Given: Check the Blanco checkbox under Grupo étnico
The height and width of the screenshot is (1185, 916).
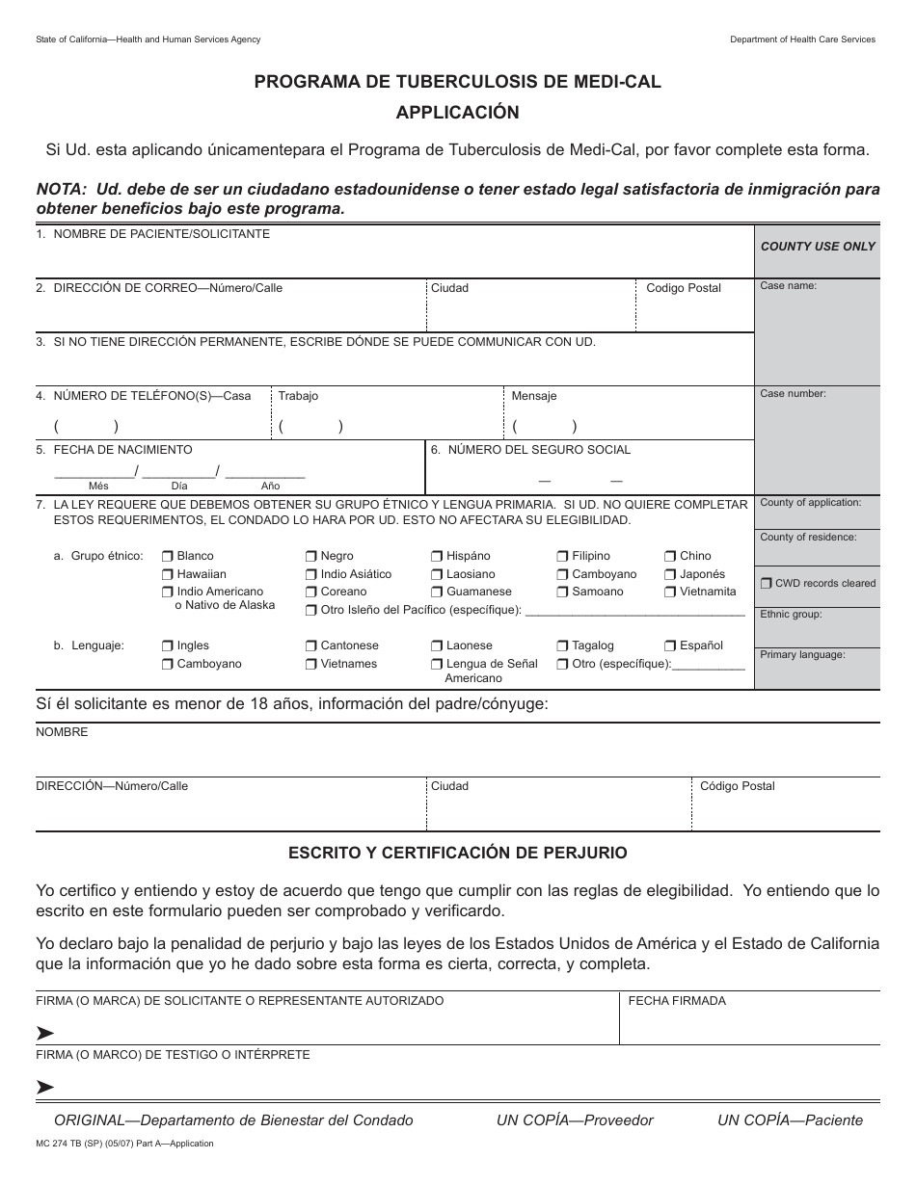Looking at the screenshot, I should coord(168,556).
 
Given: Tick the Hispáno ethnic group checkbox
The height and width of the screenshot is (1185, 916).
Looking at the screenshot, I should coord(437,556).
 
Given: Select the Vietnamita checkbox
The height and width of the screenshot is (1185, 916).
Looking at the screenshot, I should coord(670,592).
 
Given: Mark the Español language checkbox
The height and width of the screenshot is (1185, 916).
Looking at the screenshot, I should coord(670,645).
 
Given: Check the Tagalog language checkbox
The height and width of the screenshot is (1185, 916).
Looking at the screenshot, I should coord(562,645).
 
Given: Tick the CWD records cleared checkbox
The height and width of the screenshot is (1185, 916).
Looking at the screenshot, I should coord(767,583).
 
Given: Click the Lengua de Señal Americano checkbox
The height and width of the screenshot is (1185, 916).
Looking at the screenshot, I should coord(437,664).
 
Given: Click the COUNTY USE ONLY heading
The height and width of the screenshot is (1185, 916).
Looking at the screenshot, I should coord(818,247).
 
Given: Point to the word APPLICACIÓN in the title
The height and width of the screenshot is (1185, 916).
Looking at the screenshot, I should coord(457,113).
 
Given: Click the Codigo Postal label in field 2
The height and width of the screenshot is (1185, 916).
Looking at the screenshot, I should coord(683,288).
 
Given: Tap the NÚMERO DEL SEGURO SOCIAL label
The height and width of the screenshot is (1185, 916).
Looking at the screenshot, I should coord(539,450).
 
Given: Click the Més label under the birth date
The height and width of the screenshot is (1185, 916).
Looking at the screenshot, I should coord(98,487).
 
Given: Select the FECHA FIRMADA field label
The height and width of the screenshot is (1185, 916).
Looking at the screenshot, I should coord(677,1001).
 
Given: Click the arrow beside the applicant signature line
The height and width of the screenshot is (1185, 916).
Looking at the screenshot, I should coord(45,1033).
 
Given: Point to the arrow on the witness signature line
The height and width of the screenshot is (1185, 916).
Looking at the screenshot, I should coord(45,1087).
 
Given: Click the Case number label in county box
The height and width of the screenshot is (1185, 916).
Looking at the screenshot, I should coord(793,394).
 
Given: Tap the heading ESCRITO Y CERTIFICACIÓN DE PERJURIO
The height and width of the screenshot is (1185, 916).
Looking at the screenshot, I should coord(458,853).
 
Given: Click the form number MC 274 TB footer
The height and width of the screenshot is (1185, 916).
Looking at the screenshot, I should coord(124,1144).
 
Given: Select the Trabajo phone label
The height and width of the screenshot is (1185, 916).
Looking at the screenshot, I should coord(298,396).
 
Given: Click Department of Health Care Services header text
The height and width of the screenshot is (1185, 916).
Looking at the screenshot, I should coord(802,39).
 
